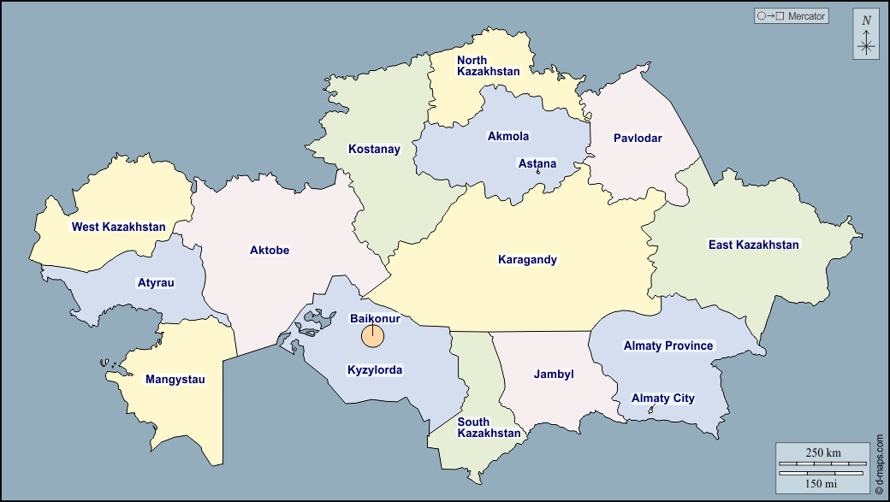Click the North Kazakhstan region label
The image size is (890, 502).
point(488,66)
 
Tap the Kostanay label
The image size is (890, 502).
point(374,150)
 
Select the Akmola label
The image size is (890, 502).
point(508,137)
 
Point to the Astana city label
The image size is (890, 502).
point(537,164)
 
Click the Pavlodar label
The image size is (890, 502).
point(638,139)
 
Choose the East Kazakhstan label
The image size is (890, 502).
point(753,245)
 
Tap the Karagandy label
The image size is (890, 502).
point(527,260)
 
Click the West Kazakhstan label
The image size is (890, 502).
point(118,227)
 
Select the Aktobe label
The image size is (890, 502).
point(270,251)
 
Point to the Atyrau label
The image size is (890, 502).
point(156,283)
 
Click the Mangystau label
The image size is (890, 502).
point(175,380)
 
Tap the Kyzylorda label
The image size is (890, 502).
point(374,371)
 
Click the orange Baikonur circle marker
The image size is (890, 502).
point(372,336)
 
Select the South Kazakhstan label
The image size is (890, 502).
point(488,428)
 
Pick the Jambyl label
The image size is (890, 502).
point(554,375)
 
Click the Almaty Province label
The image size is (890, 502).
point(667,346)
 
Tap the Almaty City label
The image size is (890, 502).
point(662,399)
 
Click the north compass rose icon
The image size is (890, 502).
point(866,35)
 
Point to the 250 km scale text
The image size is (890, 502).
point(823,452)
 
